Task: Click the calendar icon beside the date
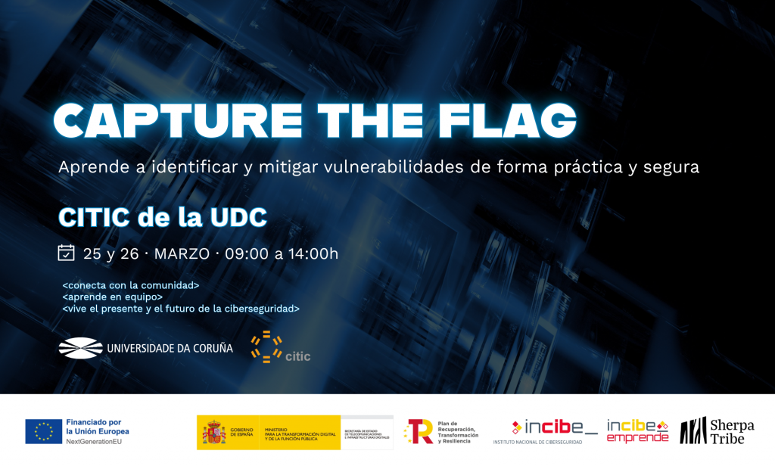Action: click(67, 253)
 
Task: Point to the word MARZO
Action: click(182, 253)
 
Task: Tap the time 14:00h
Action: click(313, 253)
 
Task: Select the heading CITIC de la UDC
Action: click(163, 217)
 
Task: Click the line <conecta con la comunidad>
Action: click(131, 285)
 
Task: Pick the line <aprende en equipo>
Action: click(113, 297)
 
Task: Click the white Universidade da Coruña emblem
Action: click(80, 349)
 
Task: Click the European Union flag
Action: click(44, 430)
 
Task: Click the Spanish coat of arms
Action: click(213, 432)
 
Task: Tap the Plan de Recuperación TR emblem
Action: click(419, 431)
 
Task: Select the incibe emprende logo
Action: click(639, 430)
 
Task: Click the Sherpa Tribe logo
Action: click(717, 430)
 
